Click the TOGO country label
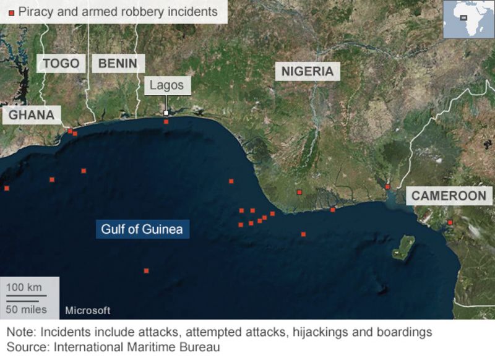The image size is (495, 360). [x=62, y=63]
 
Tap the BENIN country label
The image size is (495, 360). [x=118, y=63]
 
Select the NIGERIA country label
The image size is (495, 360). [x=307, y=71]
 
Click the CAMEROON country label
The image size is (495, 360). [x=449, y=196]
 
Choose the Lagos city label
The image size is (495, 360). [x=166, y=85]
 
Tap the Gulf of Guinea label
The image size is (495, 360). [x=142, y=229]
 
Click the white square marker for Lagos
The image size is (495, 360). [x=166, y=113]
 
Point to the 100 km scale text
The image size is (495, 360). [x=24, y=287]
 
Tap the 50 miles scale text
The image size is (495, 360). [x=27, y=309]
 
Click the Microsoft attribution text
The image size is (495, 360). [x=88, y=310]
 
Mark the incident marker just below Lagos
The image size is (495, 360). [x=166, y=122]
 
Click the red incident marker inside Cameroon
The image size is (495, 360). [x=450, y=222]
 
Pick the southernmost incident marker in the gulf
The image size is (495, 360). [x=146, y=270]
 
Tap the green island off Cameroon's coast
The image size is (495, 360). [x=403, y=247]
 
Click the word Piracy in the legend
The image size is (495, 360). [x=35, y=11]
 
